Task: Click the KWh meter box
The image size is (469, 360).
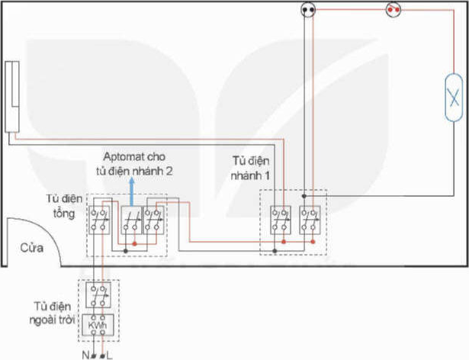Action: click(x=98, y=325)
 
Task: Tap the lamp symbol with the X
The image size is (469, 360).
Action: click(x=454, y=98)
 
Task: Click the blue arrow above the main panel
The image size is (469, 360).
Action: click(x=132, y=191)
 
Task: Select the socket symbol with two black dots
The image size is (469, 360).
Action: click(x=308, y=10)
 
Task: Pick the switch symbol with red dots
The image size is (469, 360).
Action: click(x=394, y=10)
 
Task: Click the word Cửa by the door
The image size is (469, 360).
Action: click(x=32, y=248)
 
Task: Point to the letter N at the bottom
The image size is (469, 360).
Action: click(x=85, y=355)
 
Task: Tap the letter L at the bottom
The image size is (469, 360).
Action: click(x=109, y=355)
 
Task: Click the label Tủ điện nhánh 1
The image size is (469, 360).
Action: click(x=250, y=169)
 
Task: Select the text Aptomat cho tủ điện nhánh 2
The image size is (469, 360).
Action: click(x=134, y=164)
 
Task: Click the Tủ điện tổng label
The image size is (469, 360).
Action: click(x=64, y=206)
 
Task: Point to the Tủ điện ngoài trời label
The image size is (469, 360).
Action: click(x=52, y=313)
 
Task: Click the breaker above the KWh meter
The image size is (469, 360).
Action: click(x=98, y=295)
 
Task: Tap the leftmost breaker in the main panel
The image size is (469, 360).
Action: click(x=99, y=220)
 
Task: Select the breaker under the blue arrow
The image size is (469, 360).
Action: click(x=131, y=220)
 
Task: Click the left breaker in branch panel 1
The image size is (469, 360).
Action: click(x=281, y=220)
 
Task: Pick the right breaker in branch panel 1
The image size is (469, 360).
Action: click(x=310, y=220)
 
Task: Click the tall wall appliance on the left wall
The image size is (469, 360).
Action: click(x=12, y=97)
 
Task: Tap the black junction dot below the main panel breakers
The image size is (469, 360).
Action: click(x=126, y=251)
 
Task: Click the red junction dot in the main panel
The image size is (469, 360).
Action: click(x=134, y=244)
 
